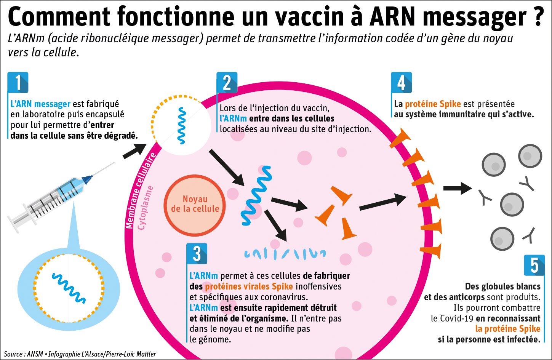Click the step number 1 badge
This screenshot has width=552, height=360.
(x=18, y=82)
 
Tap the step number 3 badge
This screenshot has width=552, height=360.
(x=197, y=254)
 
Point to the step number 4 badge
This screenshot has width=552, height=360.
(x=401, y=82)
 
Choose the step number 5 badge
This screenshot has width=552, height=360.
(x=534, y=265)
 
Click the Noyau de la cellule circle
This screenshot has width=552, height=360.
(x=195, y=204)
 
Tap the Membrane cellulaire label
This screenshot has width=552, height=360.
(x=141, y=190)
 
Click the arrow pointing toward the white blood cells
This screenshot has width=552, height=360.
(x=457, y=188)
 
